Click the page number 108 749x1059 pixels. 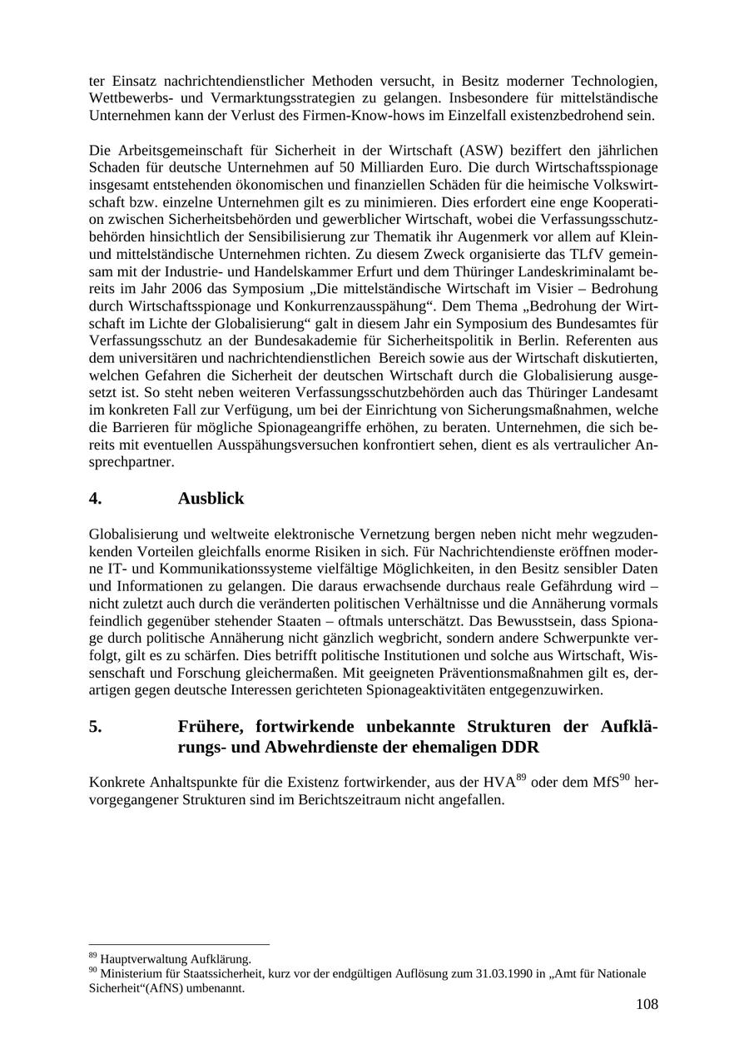tap(647, 1004)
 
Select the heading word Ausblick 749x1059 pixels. tap(211, 499)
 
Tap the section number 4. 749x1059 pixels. tap(95, 499)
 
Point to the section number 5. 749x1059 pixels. tap(95, 726)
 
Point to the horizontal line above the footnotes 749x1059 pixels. tap(179, 945)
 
